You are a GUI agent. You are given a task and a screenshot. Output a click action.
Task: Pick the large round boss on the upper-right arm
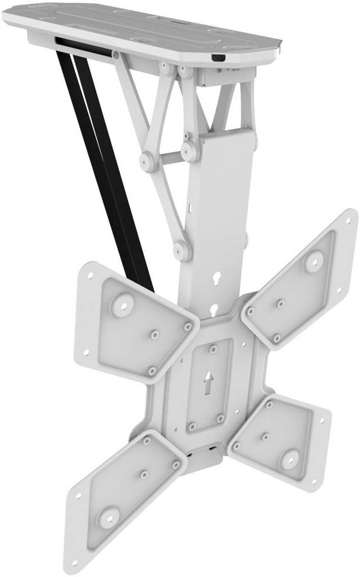pos(313,261)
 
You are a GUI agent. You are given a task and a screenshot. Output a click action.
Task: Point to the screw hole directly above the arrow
pos(212,349)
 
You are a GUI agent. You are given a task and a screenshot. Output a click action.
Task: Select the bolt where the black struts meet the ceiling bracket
pos(115,54)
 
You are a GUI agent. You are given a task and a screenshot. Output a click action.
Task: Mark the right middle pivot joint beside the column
pos(188,151)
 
